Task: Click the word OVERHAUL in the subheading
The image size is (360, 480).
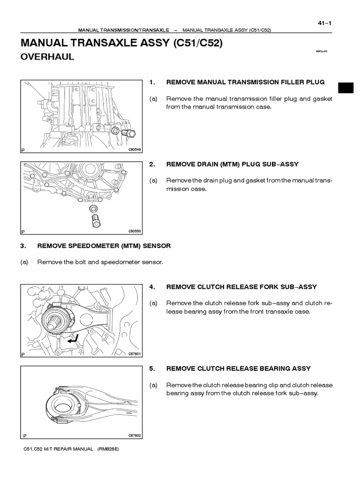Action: [x=47, y=58]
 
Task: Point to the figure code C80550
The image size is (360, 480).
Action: [x=135, y=231]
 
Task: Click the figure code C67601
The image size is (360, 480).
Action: [x=135, y=354]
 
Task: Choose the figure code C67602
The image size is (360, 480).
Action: [x=135, y=435]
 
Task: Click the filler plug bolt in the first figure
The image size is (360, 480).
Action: [x=128, y=134]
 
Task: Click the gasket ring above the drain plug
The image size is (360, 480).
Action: [x=93, y=208]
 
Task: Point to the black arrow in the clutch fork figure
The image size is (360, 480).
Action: [x=73, y=340]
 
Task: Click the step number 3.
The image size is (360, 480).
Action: [x=22, y=246]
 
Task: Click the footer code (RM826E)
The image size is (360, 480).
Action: [x=109, y=449]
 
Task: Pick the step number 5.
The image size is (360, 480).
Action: [x=151, y=368]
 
